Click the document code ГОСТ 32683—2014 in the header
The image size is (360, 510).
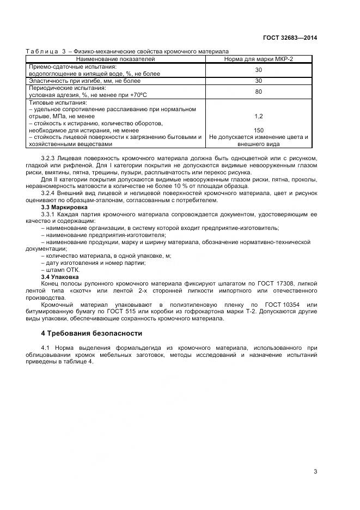click(x=290, y=38)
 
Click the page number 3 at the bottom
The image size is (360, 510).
click(x=315, y=471)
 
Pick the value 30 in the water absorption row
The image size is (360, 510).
click(x=258, y=70)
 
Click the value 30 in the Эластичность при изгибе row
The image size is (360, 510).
click(x=258, y=81)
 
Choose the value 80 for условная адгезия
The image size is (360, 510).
click(x=258, y=92)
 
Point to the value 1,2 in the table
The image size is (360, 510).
click(x=258, y=117)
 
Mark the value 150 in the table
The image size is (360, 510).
click(x=258, y=131)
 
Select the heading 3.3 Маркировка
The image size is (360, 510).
click(x=60, y=208)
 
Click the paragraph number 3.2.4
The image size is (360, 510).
click(x=50, y=193)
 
